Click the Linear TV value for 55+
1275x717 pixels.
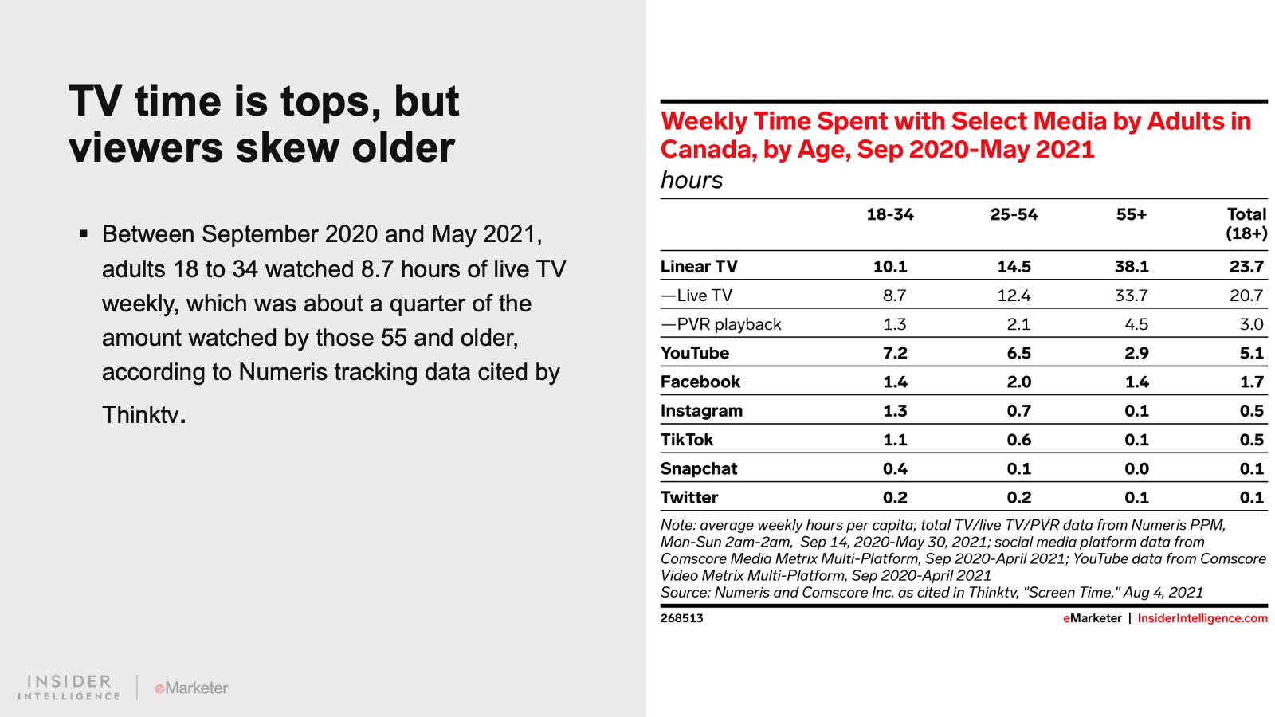click(x=1131, y=266)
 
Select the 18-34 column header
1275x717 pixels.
click(x=889, y=214)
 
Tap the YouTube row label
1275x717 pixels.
click(x=694, y=353)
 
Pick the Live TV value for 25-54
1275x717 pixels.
click(x=1014, y=296)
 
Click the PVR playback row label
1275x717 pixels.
click(x=720, y=324)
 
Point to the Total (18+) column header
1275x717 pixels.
click(x=1246, y=224)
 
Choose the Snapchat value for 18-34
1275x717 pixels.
click(x=895, y=468)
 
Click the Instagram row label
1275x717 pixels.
click(x=701, y=411)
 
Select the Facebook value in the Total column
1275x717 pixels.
click(x=1252, y=382)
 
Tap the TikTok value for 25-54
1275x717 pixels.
click(x=1019, y=440)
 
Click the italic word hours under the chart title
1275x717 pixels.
click(x=692, y=180)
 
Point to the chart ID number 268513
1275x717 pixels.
click(x=681, y=618)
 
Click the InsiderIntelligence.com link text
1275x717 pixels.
click(x=1202, y=618)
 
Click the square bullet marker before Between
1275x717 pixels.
click(x=84, y=233)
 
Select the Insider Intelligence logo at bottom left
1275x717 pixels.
click(x=69, y=688)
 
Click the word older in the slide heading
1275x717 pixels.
click(x=402, y=147)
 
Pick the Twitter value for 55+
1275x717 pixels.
click(x=1136, y=497)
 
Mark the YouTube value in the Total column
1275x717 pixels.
click(x=1252, y=353)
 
